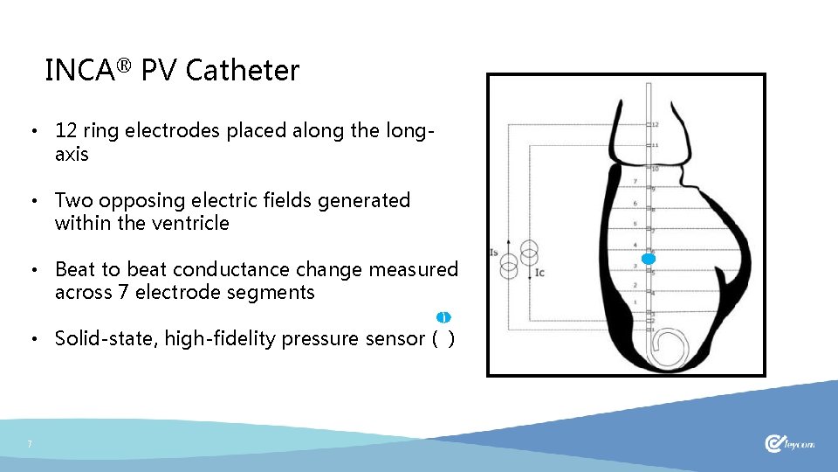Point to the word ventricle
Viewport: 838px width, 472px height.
(189, 223)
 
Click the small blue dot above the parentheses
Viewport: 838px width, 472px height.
(443, 316)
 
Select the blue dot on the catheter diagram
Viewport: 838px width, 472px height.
(648, 260)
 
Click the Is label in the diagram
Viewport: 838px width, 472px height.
(494, 253)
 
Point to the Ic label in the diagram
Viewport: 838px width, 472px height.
(539, 272)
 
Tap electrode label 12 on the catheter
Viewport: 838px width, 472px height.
(655, 125)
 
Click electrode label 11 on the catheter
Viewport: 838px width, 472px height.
(655, 145)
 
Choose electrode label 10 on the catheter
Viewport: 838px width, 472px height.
(655, 168)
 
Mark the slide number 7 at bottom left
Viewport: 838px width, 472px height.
(30, 445)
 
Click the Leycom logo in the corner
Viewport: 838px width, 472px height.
(789, 444)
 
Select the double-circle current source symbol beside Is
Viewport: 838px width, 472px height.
(509, 261)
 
